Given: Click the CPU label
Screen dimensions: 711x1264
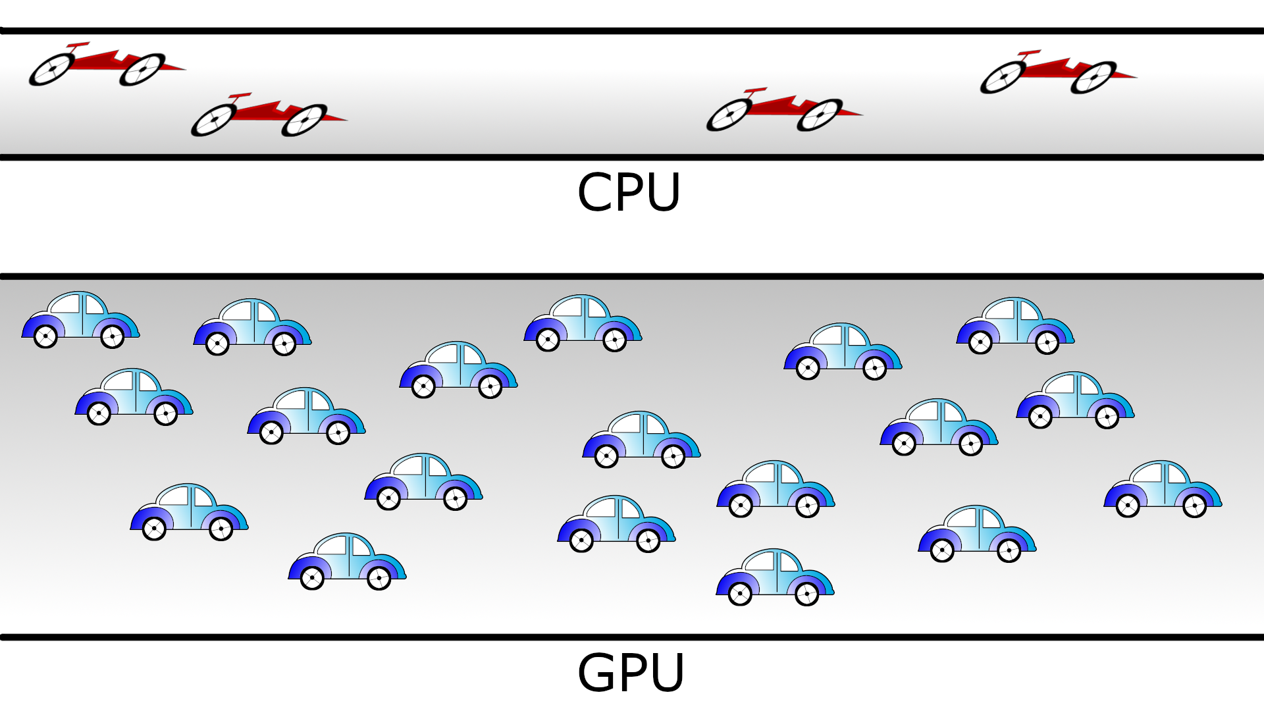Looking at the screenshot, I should (629, 192).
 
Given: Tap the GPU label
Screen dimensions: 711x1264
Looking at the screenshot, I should (631, 673).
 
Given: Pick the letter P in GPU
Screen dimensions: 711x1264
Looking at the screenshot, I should (632, 673).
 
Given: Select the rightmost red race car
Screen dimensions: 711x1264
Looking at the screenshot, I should (1057, 72).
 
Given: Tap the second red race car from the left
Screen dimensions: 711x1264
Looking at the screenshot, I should (267, 115).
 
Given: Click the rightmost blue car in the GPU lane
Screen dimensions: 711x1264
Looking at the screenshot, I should (1163, 488).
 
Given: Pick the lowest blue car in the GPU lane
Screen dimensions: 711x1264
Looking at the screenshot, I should (775, 577).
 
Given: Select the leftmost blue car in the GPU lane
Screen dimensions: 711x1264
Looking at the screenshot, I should (80, 320).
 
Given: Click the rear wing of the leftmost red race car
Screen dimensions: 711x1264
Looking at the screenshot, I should (78, 45).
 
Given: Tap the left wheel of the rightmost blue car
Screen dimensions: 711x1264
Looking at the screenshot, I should (1128, 506).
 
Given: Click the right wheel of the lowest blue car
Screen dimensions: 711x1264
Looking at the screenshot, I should (806, 594).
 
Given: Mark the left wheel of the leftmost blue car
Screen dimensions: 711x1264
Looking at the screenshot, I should (45, 337).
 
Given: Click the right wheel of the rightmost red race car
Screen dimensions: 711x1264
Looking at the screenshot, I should (1093, 78).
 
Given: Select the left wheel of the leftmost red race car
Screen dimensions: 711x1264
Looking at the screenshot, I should (51, 69).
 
